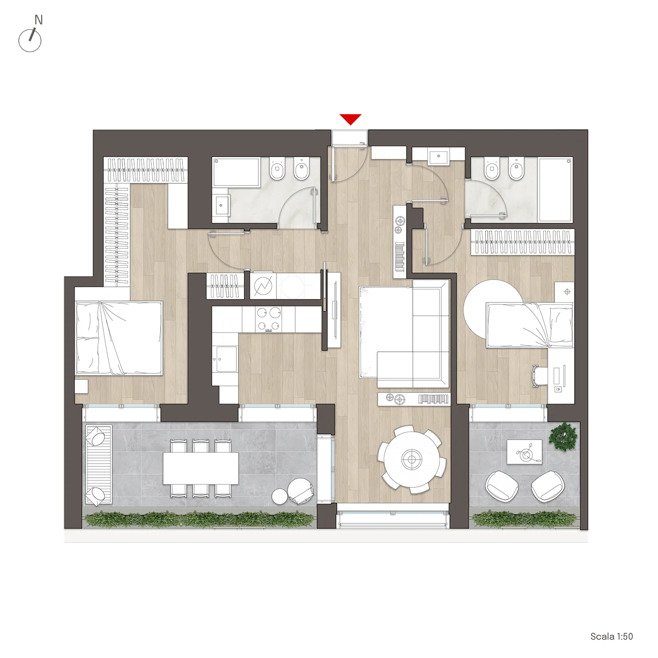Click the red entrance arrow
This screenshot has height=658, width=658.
click(x=350, y=119)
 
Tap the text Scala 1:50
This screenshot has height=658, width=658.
click(x=612, y=637)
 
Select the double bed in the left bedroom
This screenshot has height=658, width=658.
click(x=119, y=338)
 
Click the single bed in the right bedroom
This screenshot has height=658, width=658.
click(x=529, y=325)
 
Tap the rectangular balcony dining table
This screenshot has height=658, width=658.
click(x=201, y=468)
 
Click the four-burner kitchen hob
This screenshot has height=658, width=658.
click(x=268, y=319)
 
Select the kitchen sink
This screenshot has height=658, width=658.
click(x=225, y=359)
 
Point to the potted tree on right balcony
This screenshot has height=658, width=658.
click(x=563, y=436)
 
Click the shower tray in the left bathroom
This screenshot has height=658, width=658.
click(x=236, y=172)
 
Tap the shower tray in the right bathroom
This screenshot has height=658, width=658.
click(x=555, y=190)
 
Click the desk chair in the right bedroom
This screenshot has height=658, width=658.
click(x=539, y=376)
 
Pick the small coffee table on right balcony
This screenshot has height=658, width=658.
click(x=525, y=452)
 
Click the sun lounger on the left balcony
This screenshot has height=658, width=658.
click(x=99, y=465)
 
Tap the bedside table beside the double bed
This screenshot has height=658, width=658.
click(x=81, y=386)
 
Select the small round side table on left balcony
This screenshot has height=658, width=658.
click(x=280, y=497)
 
